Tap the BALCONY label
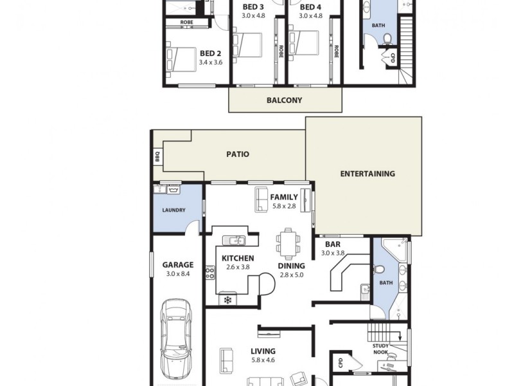click(x=284, y=100)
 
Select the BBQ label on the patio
click(x=157, y=156)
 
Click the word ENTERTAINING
click(x=367, y=174)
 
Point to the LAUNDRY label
click(x=173, y=210)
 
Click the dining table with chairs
click(x=287, y=243)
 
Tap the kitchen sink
click(x=235, y=241)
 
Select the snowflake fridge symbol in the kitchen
click(x=226, y=299)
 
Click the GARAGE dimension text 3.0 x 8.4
click(x=177, y=274)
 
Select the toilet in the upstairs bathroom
click(x=387, y=39)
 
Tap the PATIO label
click(x=237, y=154)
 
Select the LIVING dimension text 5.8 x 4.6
click(x=263, y=362)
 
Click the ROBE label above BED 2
click(x=186, y=23)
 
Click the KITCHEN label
click(x=238, y=259)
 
